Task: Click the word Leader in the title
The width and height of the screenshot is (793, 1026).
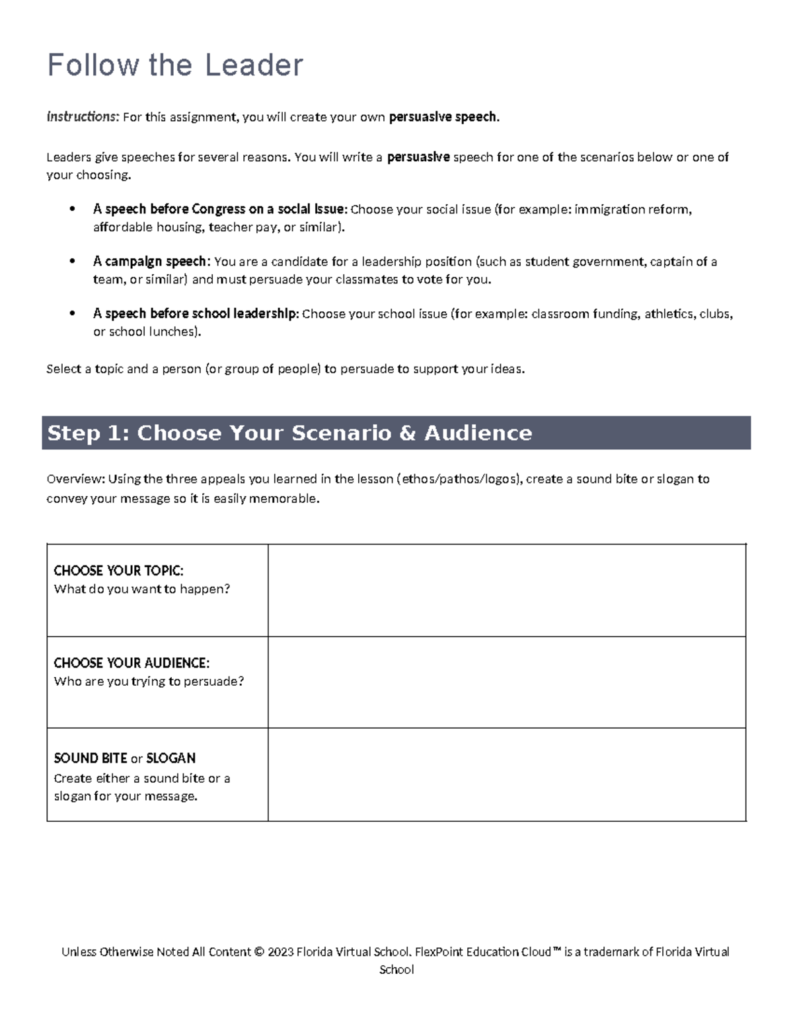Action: (x=254, y=65)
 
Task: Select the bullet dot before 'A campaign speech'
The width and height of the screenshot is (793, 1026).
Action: (x=73, y=261)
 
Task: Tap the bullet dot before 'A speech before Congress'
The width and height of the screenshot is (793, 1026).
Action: (x=73, y=209)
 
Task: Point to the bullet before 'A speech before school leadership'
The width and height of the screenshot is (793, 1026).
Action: (x=73, y=314)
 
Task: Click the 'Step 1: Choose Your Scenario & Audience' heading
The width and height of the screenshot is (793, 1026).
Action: (x=289, y=433)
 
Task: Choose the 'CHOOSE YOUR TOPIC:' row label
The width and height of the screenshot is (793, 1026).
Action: (x=118, y=570)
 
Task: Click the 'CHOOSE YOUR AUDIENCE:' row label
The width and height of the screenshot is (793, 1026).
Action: (x=132, y=663)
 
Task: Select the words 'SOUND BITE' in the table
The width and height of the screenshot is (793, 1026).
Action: (x=91, y=758)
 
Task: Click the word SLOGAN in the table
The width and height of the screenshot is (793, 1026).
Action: (x=170, y=758)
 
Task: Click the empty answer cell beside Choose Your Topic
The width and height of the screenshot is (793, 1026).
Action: (x=507, y=590)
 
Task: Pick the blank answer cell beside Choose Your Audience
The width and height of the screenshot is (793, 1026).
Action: (x=507, y=682)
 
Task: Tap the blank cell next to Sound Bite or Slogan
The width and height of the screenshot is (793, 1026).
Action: (x=507, y=775)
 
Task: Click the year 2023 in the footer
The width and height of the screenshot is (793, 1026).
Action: (x=280, y=952)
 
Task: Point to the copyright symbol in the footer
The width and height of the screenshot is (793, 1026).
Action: (x=259, y=952)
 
